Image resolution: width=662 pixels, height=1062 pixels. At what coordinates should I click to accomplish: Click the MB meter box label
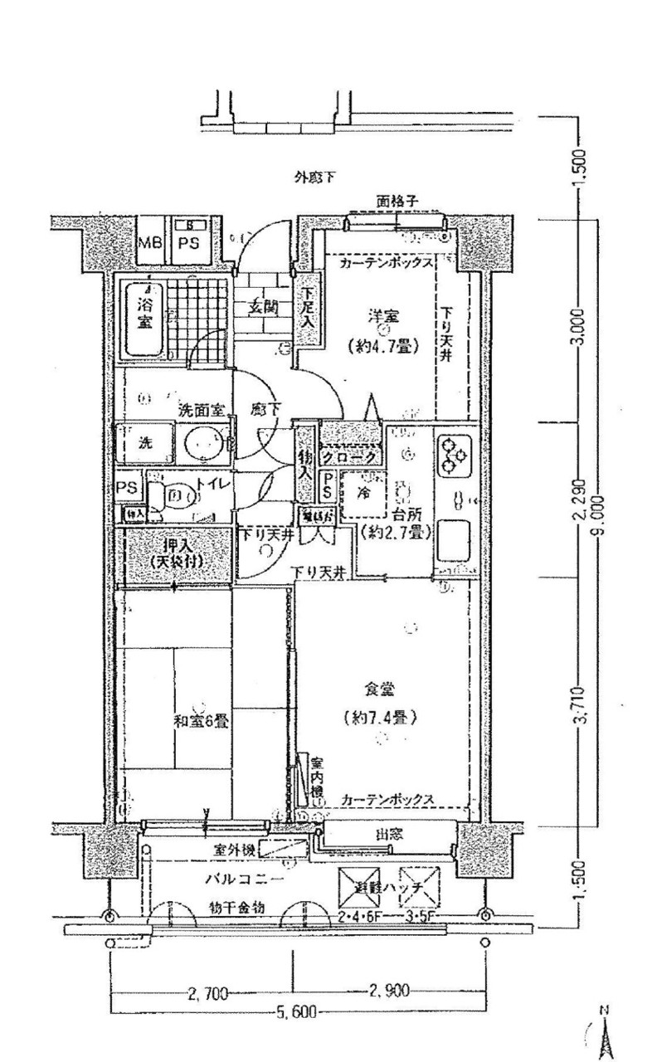click(x=150, y=243)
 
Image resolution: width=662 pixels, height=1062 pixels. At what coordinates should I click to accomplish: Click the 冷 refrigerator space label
click(x=363, y=490)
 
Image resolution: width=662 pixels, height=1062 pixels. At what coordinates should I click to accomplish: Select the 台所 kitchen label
click(x=410, y=512)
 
